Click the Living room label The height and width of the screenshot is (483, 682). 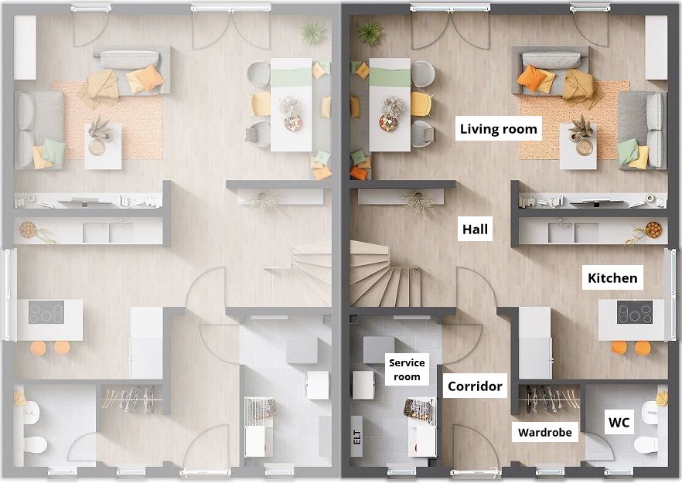tap(499, 129)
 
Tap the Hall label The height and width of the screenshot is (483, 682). tap(475, 229)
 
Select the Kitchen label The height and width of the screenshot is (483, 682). tap(612, 277)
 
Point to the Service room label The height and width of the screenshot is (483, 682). tap(407, 369)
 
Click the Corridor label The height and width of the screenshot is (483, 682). tap(475, 386)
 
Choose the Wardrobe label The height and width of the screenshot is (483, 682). tap(544, 433)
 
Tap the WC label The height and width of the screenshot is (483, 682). tap(619, 422)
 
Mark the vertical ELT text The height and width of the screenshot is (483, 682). tap(357, 437)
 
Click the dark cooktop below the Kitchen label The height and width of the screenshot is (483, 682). tap(635, 312)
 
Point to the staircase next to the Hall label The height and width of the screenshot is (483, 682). tap(385, 274)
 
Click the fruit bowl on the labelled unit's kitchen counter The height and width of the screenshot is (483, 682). tap(653, 230)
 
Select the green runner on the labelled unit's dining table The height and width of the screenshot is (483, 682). tap(390, 77)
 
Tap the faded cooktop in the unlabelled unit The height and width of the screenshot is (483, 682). tap(46, 312)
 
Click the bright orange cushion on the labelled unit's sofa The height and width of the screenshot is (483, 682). tap(531, 78)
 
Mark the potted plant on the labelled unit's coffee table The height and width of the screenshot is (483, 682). tap(581, 128)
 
